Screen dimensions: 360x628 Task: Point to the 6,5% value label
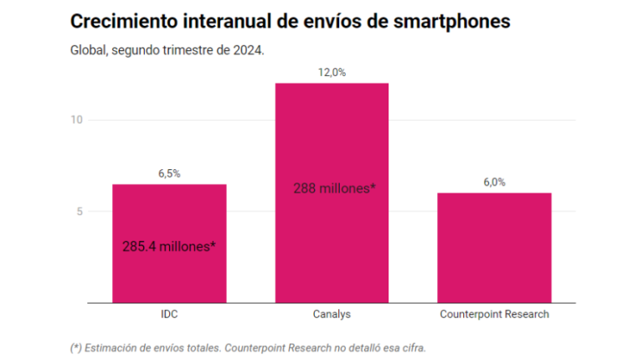[169, 173]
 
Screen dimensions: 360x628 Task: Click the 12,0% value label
[332, 73]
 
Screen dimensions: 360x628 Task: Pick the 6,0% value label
[494, 183]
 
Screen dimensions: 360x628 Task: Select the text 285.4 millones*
[169, 247]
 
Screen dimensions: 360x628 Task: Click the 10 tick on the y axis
[76, 120]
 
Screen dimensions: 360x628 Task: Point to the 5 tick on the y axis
[80, 211]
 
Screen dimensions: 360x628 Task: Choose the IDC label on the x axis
[169, 315]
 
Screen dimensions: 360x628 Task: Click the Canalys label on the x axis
[332, 315]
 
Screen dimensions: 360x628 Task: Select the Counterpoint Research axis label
[494, 315]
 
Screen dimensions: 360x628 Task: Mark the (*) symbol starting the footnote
[76, 347]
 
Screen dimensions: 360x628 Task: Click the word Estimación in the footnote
[111, 347]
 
